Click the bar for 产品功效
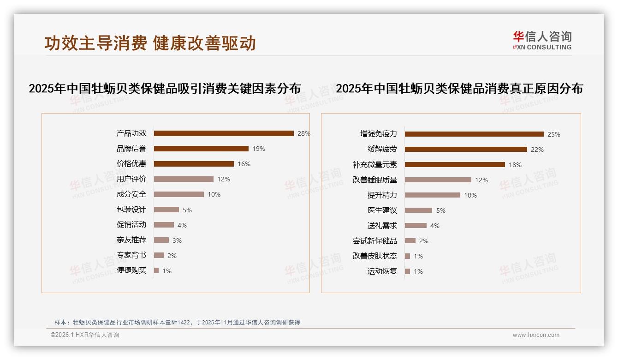pos(224,133)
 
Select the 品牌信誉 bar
pos(201,149)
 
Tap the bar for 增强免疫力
pos(474,134)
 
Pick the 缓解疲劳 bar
pos(466,150)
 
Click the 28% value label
pos(303,133)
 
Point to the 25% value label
pos(553,134)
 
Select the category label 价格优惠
pos(131,163)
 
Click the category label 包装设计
pos(131,210)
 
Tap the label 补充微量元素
pos(374,165)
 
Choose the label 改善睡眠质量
pos(374,180)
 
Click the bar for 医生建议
pos(418,210)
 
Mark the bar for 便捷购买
pos(156,270)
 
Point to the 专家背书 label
pos(131,255)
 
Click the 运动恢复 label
pos(382,271)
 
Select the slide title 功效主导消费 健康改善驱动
pos(150,43)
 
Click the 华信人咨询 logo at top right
pos(542,40)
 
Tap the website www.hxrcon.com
pos(536,335)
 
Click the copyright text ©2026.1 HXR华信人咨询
pos(85,335)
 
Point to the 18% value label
pos(515,165)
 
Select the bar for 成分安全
pos(178,194)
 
